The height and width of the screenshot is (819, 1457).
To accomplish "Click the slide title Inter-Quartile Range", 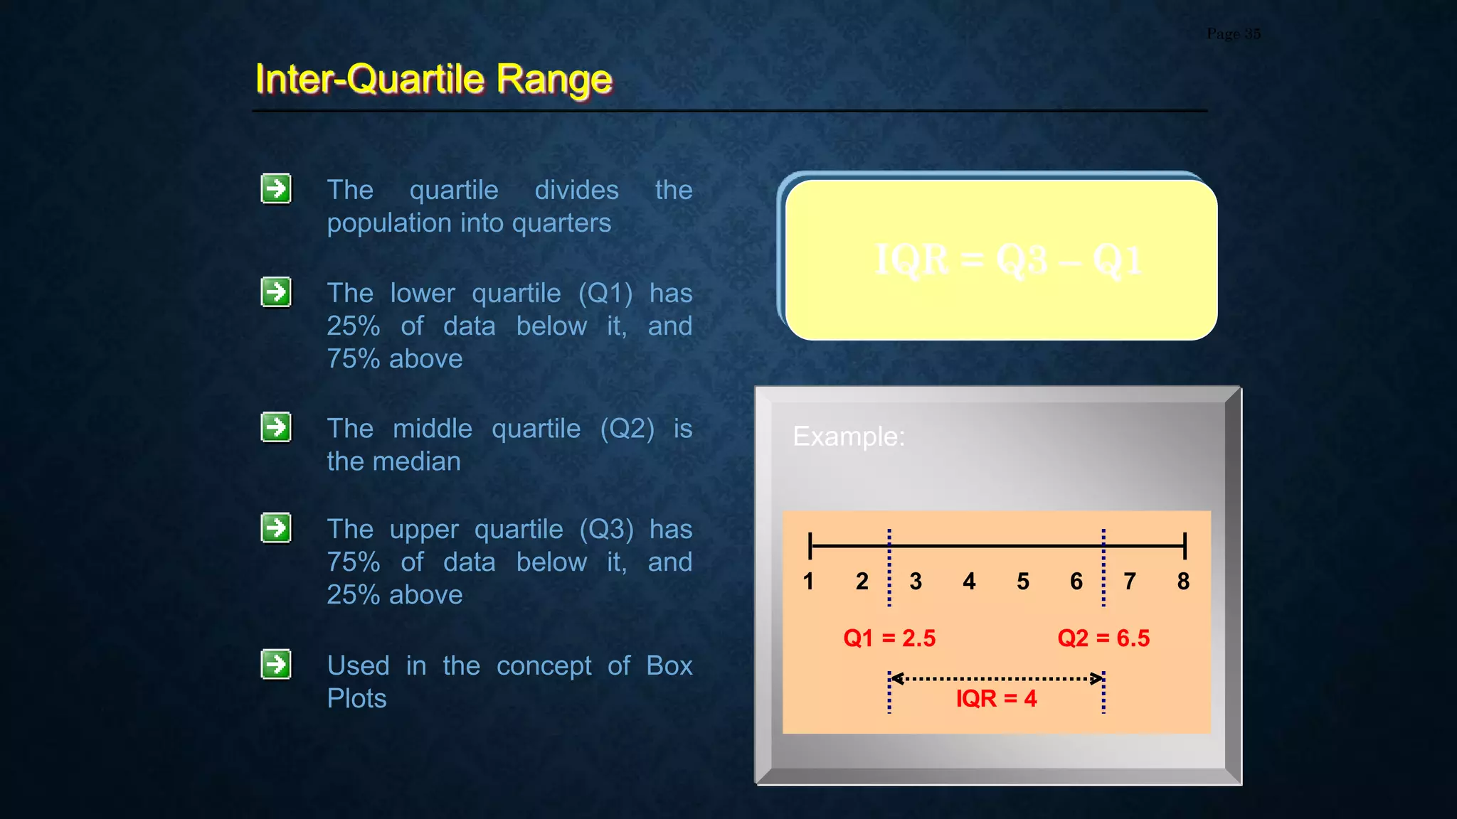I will point(433,78).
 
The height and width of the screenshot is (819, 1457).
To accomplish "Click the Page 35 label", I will point(1233,33).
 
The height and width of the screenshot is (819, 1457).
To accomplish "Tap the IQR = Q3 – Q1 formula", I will point(1008,259).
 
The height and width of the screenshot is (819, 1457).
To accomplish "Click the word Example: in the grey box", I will point(849,436).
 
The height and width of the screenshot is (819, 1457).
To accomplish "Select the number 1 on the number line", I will point(808,582).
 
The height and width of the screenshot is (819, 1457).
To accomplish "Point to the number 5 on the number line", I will point(1023,582).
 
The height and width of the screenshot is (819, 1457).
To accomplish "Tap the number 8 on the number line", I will point(1183,582).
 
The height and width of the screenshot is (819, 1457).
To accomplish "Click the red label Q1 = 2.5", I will point(889,638).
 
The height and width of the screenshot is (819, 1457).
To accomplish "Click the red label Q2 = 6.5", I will point(1103,638).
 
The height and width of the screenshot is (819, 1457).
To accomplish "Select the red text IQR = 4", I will point(996,698).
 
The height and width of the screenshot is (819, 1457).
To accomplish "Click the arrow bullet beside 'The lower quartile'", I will point(276,292).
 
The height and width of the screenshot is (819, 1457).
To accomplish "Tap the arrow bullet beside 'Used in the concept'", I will point(276,664).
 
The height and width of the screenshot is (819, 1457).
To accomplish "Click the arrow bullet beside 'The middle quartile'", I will point(276,427).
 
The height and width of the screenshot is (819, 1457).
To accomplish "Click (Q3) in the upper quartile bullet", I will point(606,529).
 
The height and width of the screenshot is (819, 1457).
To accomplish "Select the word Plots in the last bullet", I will point(356,698).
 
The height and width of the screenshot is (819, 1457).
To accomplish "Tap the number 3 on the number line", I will point(916,582).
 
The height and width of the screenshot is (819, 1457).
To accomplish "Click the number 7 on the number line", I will point(1130,582).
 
